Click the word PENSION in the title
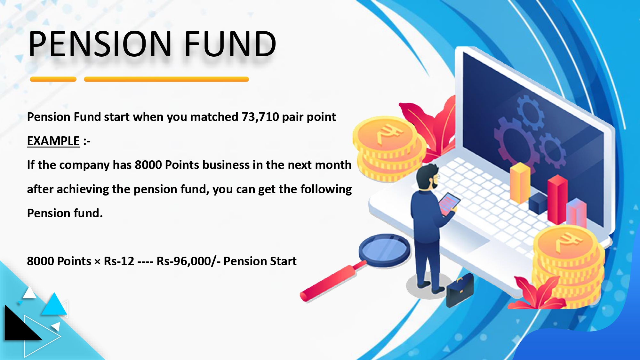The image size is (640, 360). tap(100, 44)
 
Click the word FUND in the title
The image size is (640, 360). tap(230, 44)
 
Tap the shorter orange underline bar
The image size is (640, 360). tap(53, 79)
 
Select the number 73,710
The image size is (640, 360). tap(260, 117)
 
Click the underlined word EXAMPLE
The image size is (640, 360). tap(53, 141)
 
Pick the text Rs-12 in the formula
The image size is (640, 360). tap(119, 261)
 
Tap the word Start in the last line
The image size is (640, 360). tap(283, 261)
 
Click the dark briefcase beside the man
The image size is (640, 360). tap(460, 291)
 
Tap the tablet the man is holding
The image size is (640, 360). tap(449, 204)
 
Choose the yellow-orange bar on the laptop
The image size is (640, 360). tap(520, 183)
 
